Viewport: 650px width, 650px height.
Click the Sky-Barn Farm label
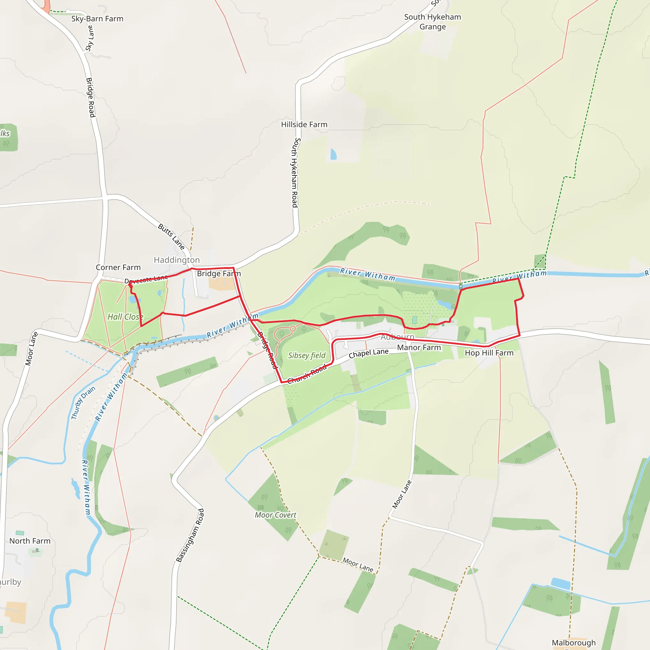pyautogui.click(x=97, y=19)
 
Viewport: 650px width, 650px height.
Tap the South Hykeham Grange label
pyautogui.click(x=432, y=22)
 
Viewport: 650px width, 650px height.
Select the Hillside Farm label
pyautogui.click(x=304, y=124)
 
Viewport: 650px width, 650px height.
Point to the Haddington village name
pyautogui.click(x=177, y=260)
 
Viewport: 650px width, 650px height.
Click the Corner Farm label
pyautogui.click(x=118, y=268)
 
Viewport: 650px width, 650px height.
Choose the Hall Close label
pyautogui.click(x=125, y=317)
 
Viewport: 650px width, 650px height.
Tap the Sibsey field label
pyautogui.click(x=307, y=355)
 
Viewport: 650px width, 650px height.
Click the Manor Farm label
pyautogui.click(x=419, y=348)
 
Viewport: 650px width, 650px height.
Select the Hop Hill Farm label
pyautogui.click(x=489, y=353)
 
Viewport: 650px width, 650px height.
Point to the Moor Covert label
pyautogui.click(x=275, y=515)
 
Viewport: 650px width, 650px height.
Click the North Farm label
pyautogui.click(x=30, y=541)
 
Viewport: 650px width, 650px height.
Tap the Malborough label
pyautogui.click(x=574, y=643)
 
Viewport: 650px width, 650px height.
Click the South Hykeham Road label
pyautogui.click(x=295, y=173)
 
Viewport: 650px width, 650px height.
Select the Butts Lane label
pyautogui.click(x=171, y=236)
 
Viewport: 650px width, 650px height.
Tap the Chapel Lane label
pyautogui.click(x=368, y=354)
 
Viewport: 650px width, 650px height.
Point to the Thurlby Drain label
pyautogui.click(x=83, y=402)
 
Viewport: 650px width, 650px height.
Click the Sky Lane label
pyautogui.click(x=90, y=39)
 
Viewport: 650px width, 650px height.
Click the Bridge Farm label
pyautogui.click(x=219, y=274)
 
